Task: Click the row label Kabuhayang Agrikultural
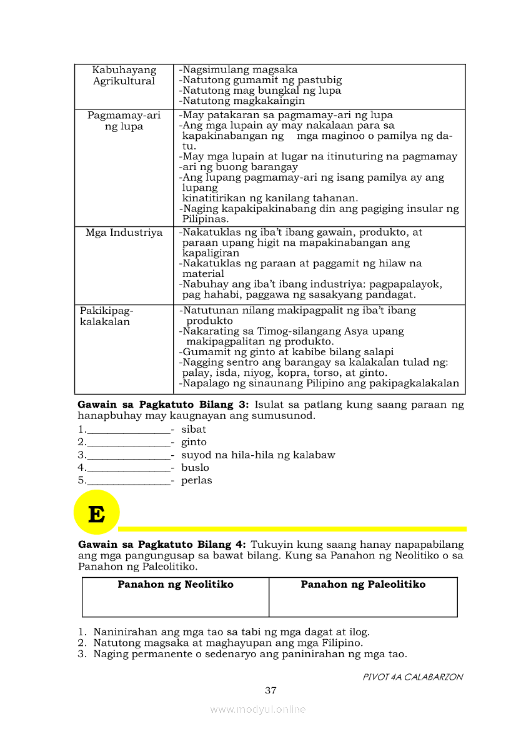(x=124, y=76)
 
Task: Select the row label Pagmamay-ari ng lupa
(x=124, y=121)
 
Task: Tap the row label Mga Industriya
(x=124, y=233)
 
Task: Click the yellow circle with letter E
(x=96, y=513)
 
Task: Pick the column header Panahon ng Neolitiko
(x=176, y=585)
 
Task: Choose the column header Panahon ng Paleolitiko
(x=363, y=585)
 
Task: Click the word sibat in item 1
(x=194, y=430)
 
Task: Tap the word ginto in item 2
(x=194, y=442)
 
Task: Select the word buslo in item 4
(x=195, y=468)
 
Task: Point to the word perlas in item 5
(x=196, y=481)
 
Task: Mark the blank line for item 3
(x=128, y=456)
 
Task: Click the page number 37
(x=270, y=691)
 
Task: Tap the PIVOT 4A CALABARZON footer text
(x=413, y=677)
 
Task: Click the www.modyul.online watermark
(x=258, y=710)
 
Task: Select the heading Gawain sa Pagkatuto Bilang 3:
(x=162, y=405)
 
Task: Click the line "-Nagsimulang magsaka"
(x=238, y=70)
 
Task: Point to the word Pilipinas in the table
(x=206, y=219)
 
